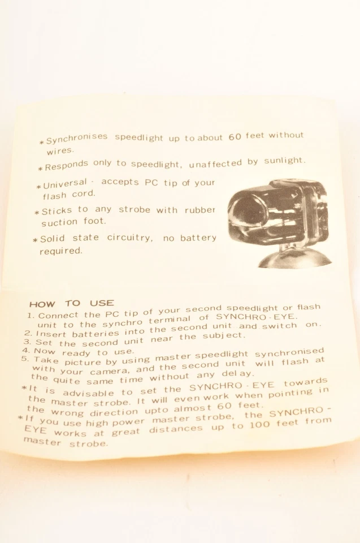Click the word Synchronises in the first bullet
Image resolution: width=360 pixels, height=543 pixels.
click(77, 139)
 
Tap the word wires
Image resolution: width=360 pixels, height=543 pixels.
click(60, 151)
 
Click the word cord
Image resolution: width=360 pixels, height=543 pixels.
click(84, 194)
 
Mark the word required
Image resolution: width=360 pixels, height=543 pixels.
click(61, 251)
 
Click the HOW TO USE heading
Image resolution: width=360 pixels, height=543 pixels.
click(71, 303)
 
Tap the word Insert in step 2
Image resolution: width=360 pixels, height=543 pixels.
click(51, 333)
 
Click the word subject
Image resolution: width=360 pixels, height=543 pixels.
click(222, 334)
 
